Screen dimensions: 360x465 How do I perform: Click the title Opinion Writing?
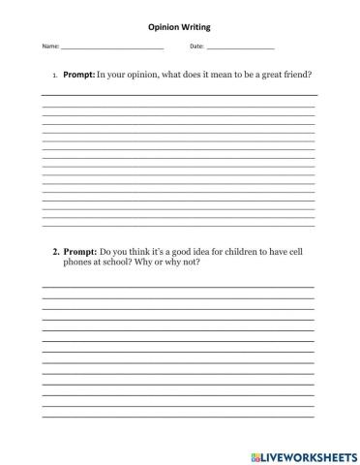point(178,28)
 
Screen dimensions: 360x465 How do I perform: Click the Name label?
point(49,46)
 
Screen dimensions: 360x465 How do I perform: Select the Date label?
point(196,46)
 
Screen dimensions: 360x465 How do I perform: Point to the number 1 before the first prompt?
point(54,74)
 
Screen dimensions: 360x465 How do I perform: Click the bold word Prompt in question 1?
point(78,74)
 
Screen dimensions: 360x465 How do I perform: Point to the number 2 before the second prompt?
point(55,251)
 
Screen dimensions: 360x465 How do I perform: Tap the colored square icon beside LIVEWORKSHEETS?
point(253,454)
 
